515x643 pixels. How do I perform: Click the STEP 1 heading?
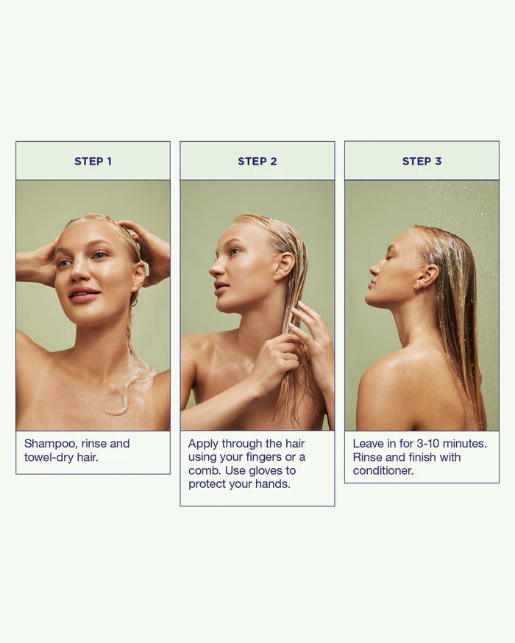coord(93,161)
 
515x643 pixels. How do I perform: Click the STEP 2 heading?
coord(257,161)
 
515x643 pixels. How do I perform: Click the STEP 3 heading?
coord(422,161)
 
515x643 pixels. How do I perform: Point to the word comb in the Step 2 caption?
coord(204,470)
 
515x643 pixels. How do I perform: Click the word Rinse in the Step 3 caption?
coord(367,457)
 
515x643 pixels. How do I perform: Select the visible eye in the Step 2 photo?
coord(235,252)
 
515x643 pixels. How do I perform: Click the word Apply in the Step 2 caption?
coord(204,444)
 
